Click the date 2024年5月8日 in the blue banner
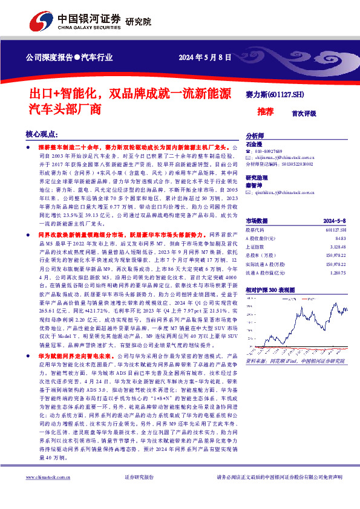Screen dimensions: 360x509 click(206, 59)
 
